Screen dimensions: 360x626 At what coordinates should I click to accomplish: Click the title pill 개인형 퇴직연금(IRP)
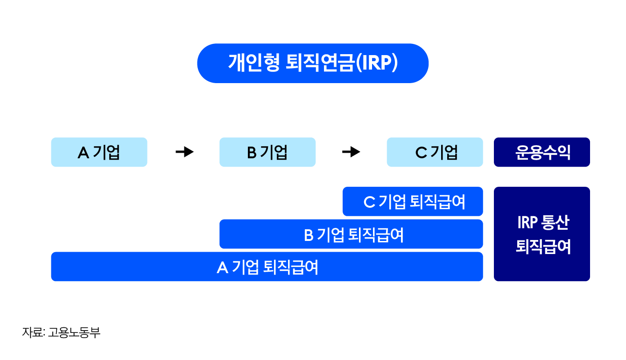[x=313, y=64]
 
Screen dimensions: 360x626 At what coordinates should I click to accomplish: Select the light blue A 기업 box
[x=99, y=152]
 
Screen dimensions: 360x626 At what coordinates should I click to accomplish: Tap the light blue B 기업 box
[x=267, y=152]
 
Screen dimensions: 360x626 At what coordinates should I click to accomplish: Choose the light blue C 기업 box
[x=435, y=152]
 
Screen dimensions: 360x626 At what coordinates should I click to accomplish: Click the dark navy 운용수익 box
[x=542, y=152]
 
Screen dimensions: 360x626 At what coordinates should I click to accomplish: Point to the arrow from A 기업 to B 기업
[x=184, y=152]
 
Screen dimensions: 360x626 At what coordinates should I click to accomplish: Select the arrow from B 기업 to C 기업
[x=351, y=152]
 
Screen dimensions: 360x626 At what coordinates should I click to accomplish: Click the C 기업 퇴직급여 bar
[x=413, y=202]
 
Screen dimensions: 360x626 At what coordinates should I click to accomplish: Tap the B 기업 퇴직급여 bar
[x=351, y=234]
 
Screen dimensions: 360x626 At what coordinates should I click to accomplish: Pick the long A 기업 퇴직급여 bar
[x=267, y=267]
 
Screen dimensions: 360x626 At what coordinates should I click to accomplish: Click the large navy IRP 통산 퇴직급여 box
[x=542, y=234]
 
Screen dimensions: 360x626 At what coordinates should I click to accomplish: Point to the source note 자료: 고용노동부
[x=61, y=332]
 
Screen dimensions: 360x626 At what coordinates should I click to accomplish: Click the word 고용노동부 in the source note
[x=74, y=332]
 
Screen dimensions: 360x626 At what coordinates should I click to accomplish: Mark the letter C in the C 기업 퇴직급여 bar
[x=369, y=202]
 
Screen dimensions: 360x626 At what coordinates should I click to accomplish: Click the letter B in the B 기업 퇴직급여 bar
[x=309, y=235]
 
